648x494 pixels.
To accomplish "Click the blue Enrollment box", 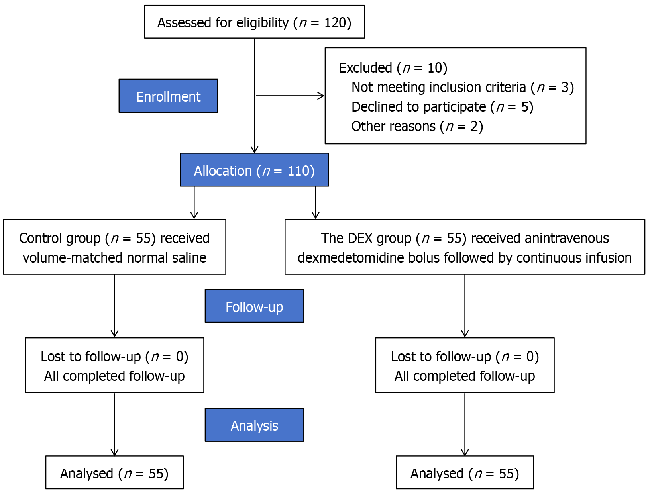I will click(x=168, y=96).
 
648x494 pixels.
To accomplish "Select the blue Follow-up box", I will click(x=254, y=306).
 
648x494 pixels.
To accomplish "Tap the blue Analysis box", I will click(x=254, y=425).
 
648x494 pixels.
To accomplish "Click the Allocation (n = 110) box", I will click(x=254, y=170).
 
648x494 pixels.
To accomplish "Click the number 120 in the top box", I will click(x=335, y=23).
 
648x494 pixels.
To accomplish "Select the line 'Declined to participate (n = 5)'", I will click(x=442, y=107).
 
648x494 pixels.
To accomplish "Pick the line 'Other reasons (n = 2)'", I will click(x=417, y=126).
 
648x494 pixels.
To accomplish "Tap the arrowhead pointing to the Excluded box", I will click(x=321, y=96).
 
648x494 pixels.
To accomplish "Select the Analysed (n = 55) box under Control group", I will click(x=114, y=472).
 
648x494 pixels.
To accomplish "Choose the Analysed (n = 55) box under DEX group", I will click(x=465, y=472).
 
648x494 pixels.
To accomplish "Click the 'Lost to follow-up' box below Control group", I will click(x=114, y=365).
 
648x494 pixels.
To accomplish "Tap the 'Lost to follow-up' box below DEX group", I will click(x=465, y=365).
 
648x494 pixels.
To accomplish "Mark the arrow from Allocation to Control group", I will click(x=194, y=203).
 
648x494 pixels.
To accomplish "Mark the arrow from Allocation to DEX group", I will click(x=316, y=203).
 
